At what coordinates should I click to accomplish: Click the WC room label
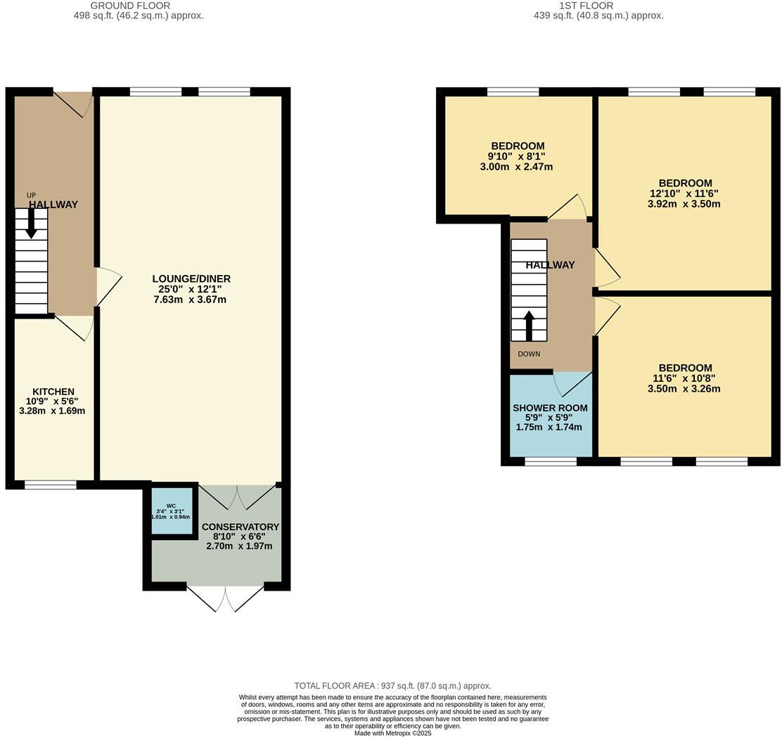tap(171, 506)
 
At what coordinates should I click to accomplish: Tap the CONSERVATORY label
tap(240, 527)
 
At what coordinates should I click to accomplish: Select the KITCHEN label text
tap(53, 392)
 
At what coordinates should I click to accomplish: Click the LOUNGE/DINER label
tap(191, 278)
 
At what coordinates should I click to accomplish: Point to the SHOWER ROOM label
tap(550, 408)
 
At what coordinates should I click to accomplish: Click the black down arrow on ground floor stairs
tap(32, 224)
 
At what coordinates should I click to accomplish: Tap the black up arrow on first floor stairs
tap(529, 326)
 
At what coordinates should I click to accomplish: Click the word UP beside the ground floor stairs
tap(31, 196)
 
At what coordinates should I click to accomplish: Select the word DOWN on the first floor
tap(529, 354)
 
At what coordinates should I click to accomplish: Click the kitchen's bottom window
tap(51, 485)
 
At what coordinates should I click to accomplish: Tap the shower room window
tap(551, 461)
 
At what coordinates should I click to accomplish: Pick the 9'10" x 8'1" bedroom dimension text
tap(516, 157)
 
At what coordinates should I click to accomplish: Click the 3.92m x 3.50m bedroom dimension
tap(684, 204)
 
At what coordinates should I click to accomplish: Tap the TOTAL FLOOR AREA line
tap(392, 686)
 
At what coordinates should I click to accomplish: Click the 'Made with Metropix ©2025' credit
tap(392, 733)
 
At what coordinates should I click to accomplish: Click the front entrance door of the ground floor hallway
tap(74, 103)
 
